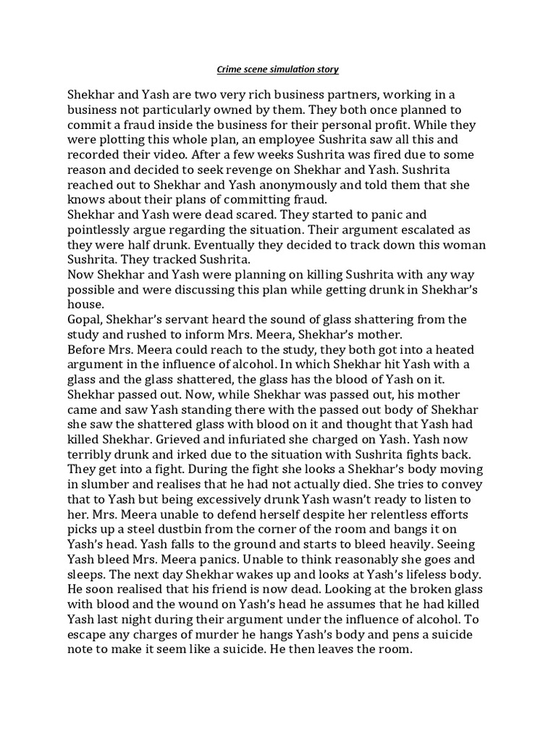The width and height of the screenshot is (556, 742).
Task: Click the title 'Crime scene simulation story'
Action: point(278,70)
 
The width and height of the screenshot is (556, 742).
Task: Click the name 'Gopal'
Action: point(85,320)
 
